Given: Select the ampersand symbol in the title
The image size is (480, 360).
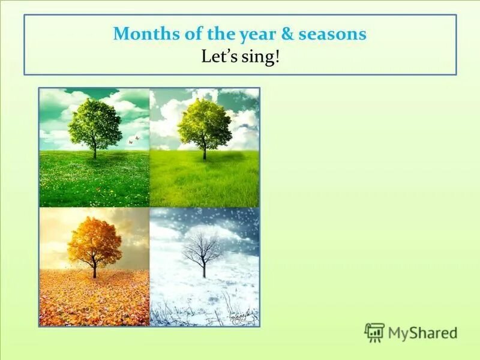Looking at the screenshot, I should click(287, 34).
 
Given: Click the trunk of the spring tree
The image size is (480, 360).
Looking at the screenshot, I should click(94, 151).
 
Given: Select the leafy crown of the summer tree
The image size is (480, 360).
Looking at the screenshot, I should click(204, 123).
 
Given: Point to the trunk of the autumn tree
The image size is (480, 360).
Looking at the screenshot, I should click(94, 270).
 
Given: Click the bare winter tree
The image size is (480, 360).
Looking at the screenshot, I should click(203, 252).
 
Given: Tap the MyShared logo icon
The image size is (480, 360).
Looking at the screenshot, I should click(374, 332).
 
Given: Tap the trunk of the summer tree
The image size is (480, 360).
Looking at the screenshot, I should click(204, 152).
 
